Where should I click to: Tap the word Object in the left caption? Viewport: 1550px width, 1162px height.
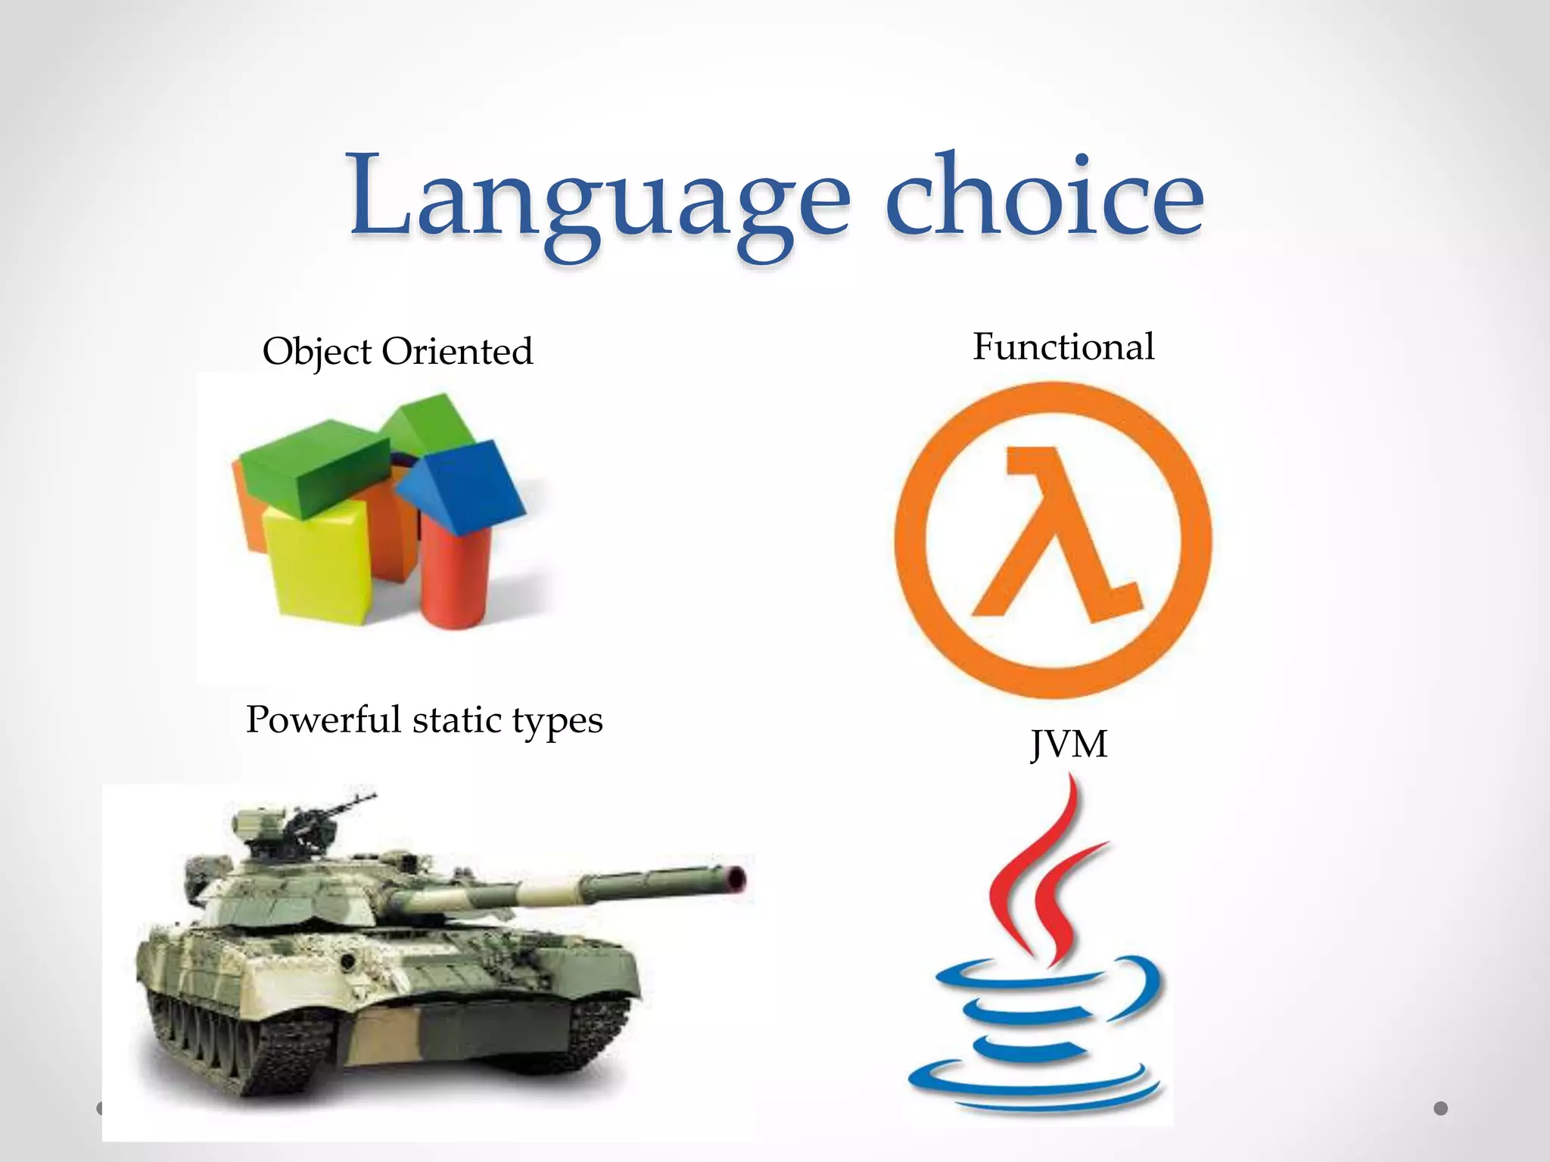click(x=317, y=352)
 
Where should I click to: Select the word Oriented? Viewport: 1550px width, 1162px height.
click(x=457, y=352)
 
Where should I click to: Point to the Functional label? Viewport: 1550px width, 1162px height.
click(x=1063, y=347)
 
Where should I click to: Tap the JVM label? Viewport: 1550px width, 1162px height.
click(x=1069, y=744)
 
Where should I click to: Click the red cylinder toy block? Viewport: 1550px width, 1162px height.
click(x=454, y=579)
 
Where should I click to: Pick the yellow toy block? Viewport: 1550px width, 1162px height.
click(x=318, y=564)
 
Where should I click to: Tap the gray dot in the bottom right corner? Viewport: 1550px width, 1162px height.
click(x=1441, y=1108)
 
